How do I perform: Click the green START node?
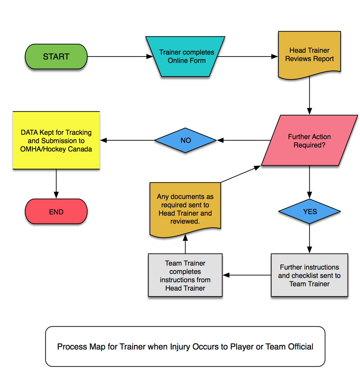pos(56,56)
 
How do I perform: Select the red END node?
pos(56,212)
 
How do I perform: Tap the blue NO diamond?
pos(186,140)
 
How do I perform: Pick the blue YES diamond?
pos(310,212)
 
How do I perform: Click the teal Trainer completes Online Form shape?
pos(186,56)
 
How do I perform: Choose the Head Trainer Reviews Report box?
pos(309,54)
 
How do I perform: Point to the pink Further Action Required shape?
pos(309,141)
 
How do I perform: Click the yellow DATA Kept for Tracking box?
pos(56,140)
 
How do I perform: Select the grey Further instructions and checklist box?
pos(309,275)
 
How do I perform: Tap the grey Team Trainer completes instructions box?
pos(185,275)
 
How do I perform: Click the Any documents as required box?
pos(185,209)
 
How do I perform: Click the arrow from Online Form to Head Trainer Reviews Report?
pos(247,56)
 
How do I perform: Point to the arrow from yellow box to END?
pos(56,184)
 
